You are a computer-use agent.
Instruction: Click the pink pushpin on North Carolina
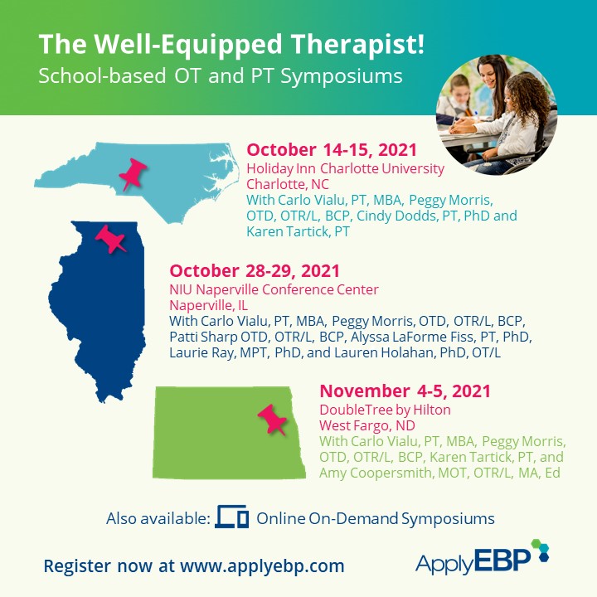[133, 174]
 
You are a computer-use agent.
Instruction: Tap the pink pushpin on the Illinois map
[110, 239]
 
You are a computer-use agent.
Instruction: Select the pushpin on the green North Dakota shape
[273, 420]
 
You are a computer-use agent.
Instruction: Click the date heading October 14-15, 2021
[332, 149]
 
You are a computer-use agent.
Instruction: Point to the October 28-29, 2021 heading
[255, 271]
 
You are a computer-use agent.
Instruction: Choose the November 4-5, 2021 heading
[405, 391]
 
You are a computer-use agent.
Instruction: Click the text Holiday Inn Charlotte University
[345, 168]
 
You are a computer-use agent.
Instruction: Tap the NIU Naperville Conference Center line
[274, 289]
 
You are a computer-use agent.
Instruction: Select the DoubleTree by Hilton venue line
[385, 410]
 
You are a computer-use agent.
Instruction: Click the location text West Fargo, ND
[367, 425]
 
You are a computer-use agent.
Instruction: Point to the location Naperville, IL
[208, 305]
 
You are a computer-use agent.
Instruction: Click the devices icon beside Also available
[232, 517]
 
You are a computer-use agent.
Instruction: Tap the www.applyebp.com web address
[262, 566]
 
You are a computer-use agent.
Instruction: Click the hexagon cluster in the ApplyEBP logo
[541, 551]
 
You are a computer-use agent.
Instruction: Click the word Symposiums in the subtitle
[342, 76]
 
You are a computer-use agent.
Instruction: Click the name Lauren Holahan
[384, 352]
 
